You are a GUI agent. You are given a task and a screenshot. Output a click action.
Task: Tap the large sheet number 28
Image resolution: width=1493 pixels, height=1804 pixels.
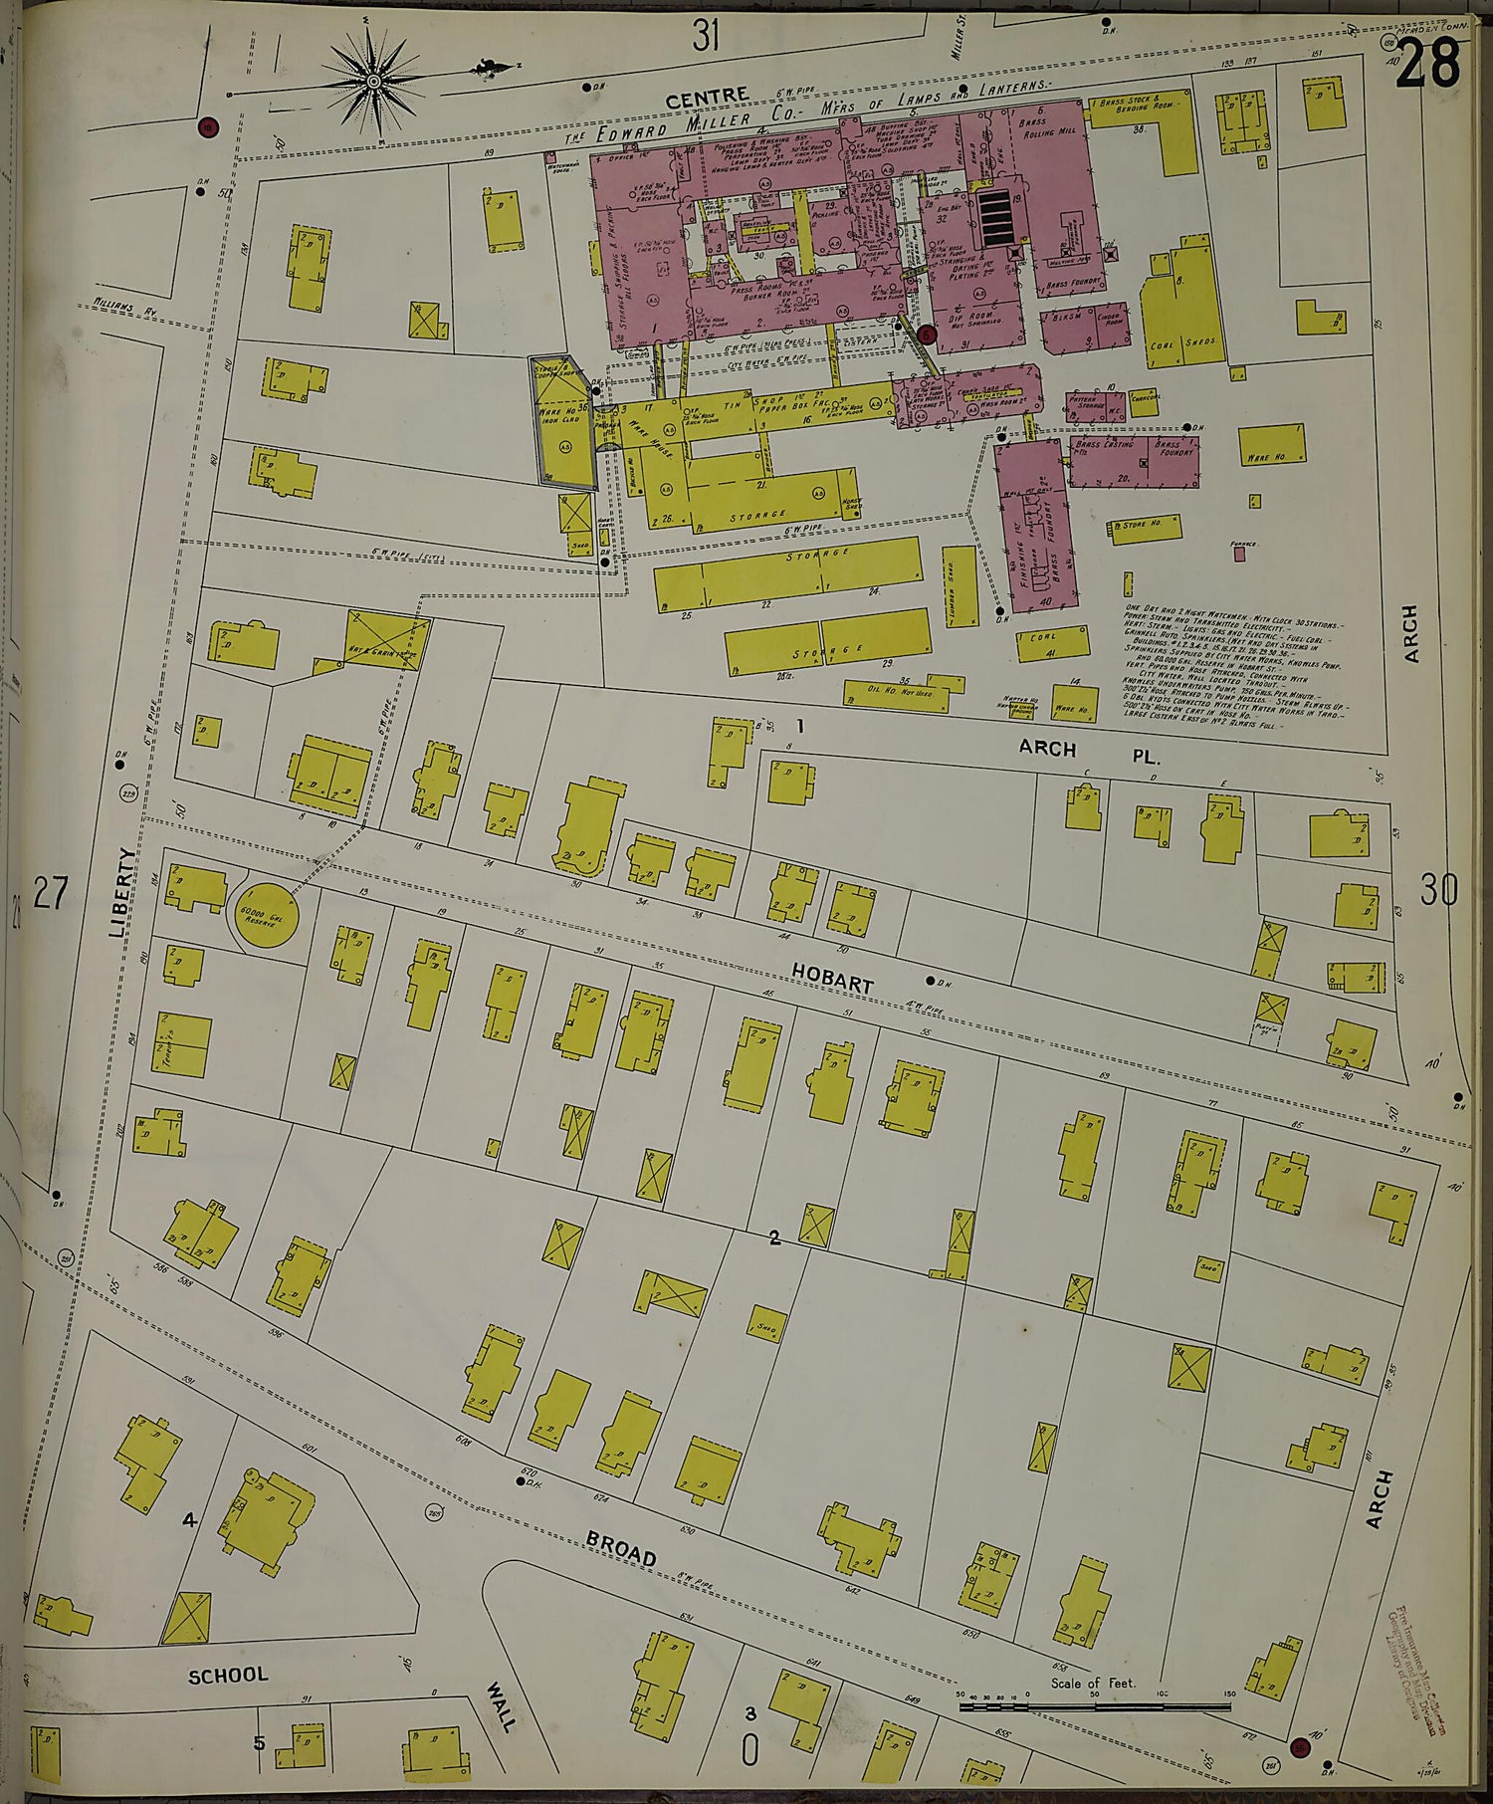(x=1427, y=65)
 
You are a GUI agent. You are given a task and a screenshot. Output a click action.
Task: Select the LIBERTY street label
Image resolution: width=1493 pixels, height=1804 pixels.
(x=121, y=892)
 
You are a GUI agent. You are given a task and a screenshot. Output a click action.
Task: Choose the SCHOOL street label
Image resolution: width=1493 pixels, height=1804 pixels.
(x=228, y=1675)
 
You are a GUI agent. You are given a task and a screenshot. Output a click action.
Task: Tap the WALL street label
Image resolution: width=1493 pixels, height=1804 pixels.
(x=501, y=1705)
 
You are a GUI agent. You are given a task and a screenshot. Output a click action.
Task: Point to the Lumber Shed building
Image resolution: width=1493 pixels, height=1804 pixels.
(x=960, y=586)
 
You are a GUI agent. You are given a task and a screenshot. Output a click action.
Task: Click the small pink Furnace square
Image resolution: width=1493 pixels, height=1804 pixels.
(x=1239, y=555)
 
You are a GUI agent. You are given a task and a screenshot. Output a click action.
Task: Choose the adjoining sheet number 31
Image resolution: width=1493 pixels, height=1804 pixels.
(x=705, y=37)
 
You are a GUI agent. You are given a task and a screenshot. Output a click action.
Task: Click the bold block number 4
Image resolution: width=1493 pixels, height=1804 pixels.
(x=189, y=1519)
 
